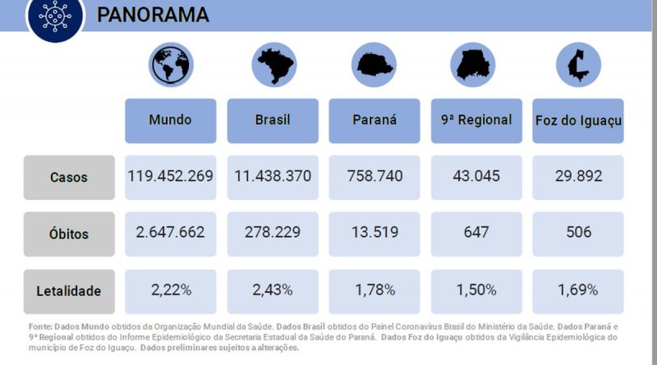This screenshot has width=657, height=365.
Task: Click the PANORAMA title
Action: click(153, 15)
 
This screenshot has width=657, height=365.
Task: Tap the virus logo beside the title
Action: click(56, 16)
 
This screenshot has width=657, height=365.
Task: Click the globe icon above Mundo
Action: click(170, 64)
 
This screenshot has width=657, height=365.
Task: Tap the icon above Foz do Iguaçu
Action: click(577, 64)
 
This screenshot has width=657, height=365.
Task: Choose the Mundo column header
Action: click(170, 120)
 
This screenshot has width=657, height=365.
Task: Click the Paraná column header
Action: click(374, 120)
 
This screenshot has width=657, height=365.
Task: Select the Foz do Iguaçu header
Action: click(577, 120)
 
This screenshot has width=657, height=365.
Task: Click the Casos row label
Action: click(69, 177)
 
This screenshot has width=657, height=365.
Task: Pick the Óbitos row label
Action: click(69, 234)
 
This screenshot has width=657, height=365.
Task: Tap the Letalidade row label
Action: click(69, 290)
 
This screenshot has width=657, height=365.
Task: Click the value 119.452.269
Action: click(170, 176)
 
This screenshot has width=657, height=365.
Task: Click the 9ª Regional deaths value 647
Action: click(476, 233)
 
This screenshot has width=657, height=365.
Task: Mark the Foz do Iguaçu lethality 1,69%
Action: click(577, 290)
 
